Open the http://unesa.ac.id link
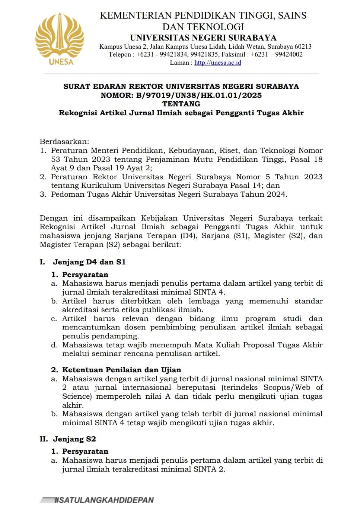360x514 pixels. click(217, 62)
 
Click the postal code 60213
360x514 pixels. click(303, 46)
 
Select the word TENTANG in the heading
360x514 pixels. click(181, 104)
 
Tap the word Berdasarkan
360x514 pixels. click(64, 142)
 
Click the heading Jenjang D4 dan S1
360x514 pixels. click(89, 262)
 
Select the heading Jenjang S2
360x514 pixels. click(74, 439)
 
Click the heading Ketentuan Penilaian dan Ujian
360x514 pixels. click(121, 370)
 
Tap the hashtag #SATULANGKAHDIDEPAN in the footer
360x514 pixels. click(104, 500)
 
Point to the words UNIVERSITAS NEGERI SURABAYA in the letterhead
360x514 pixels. click(203, 38)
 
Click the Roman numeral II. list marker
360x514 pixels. click(44, 439)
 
